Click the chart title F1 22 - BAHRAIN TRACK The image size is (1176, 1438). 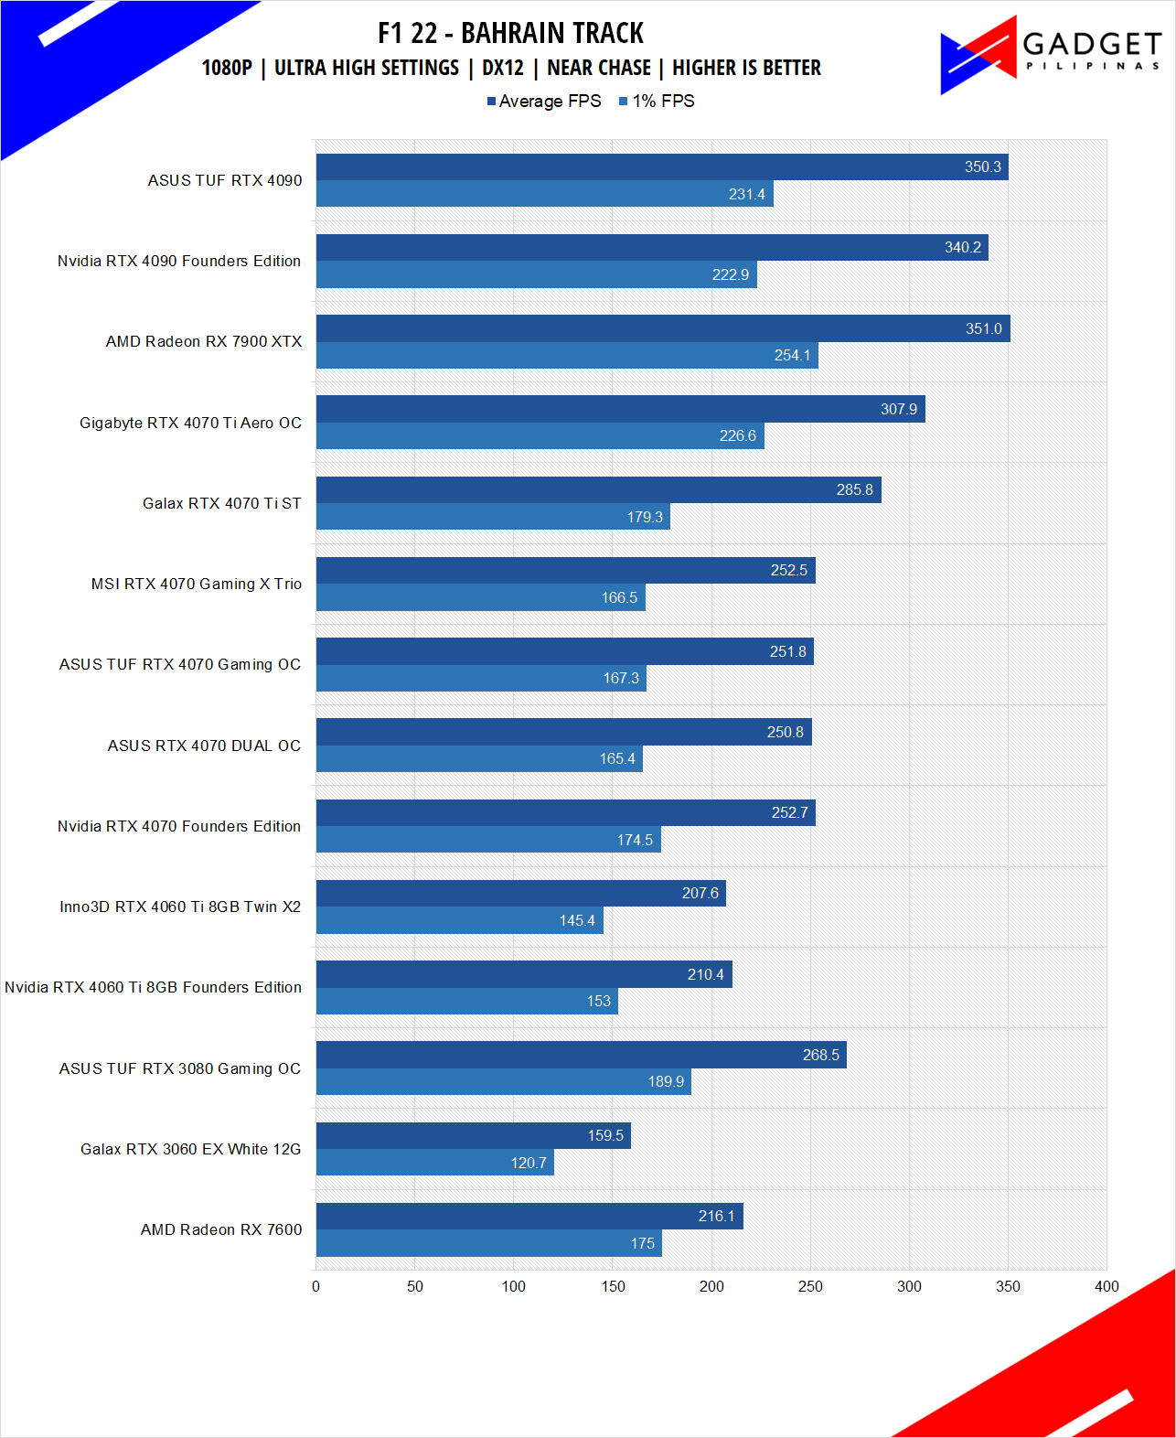[510, 33]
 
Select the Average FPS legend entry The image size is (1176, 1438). [545, 102]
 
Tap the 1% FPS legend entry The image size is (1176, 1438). [657, 102]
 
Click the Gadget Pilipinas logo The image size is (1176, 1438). [1050, 54]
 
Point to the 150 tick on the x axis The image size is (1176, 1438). [613, 1286]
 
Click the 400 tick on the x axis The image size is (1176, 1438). [1107, 1286]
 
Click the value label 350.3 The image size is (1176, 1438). [982, 167]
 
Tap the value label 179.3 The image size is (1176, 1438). [645, 518]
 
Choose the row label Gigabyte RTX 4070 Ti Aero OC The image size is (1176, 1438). [190, 423]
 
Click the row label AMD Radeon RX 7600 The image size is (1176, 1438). [221, 1229]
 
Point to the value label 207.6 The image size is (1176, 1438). [700, 894]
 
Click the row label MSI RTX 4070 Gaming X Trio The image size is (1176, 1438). [197, 584]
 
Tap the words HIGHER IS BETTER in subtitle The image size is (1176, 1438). [746, 68]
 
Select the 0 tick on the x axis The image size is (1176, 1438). [316, 1286]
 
